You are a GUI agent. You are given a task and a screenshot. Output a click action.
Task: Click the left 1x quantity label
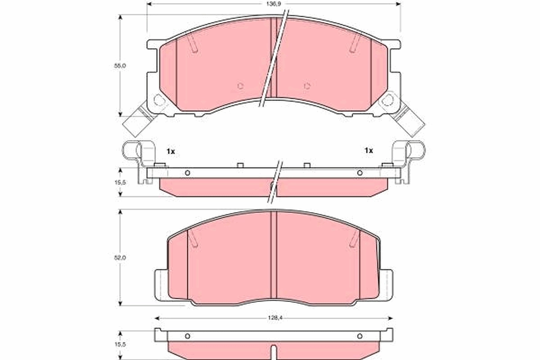pyautogui.click(x=170, y=151)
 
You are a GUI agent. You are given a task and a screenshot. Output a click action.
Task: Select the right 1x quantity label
pyautogui.click(x=369, y=151)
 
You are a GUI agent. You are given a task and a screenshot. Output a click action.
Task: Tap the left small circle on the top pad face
pyautogui.click(x=240, y=86)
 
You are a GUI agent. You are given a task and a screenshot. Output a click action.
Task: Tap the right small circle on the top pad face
pyautogui.click(x=307, y=86)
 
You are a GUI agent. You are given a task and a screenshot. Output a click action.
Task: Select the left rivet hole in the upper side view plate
pyautogui.click(x=188, y=173)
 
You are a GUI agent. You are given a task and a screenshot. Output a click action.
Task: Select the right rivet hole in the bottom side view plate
pyautogui.click(x=360, y=336)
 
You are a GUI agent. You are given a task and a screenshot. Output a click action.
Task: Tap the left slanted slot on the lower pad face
pyautogui.click(x=192, y=239)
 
